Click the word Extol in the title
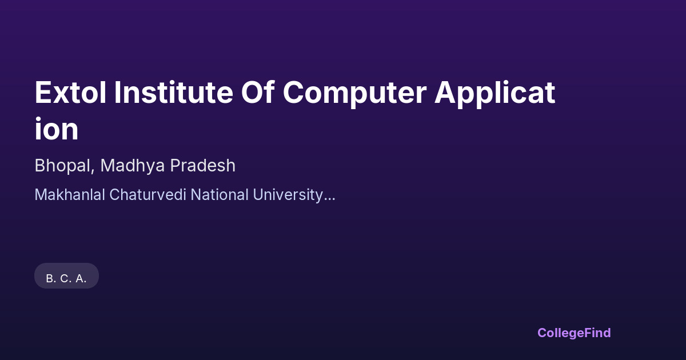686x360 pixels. [x=70, y=92]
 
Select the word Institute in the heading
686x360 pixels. [x=173, y=92]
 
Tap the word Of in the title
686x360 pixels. [x=257, y=92]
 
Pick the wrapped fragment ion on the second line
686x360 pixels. [x=57, y=129]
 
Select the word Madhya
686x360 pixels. [x=133, y=166]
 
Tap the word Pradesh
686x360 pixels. [x=203, y=165]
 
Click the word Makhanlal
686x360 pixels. [x=70, y=195]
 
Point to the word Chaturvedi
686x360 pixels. [x=147, y=195]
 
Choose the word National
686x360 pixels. [x=220, y=195]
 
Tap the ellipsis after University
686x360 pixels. [x=329, y=199]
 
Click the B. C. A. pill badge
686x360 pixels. [x=66, y=276]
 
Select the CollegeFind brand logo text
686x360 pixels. [x=574, y=333]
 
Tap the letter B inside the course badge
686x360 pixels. [x=50, y=279]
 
